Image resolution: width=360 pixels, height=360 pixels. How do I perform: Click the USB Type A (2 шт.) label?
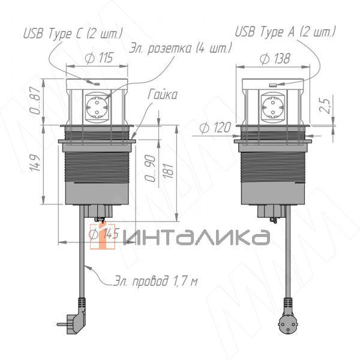coord(284,31)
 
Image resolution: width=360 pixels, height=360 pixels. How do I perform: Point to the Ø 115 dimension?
coord(98,58)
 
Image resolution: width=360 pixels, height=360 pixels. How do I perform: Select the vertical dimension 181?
coord(170,170)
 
